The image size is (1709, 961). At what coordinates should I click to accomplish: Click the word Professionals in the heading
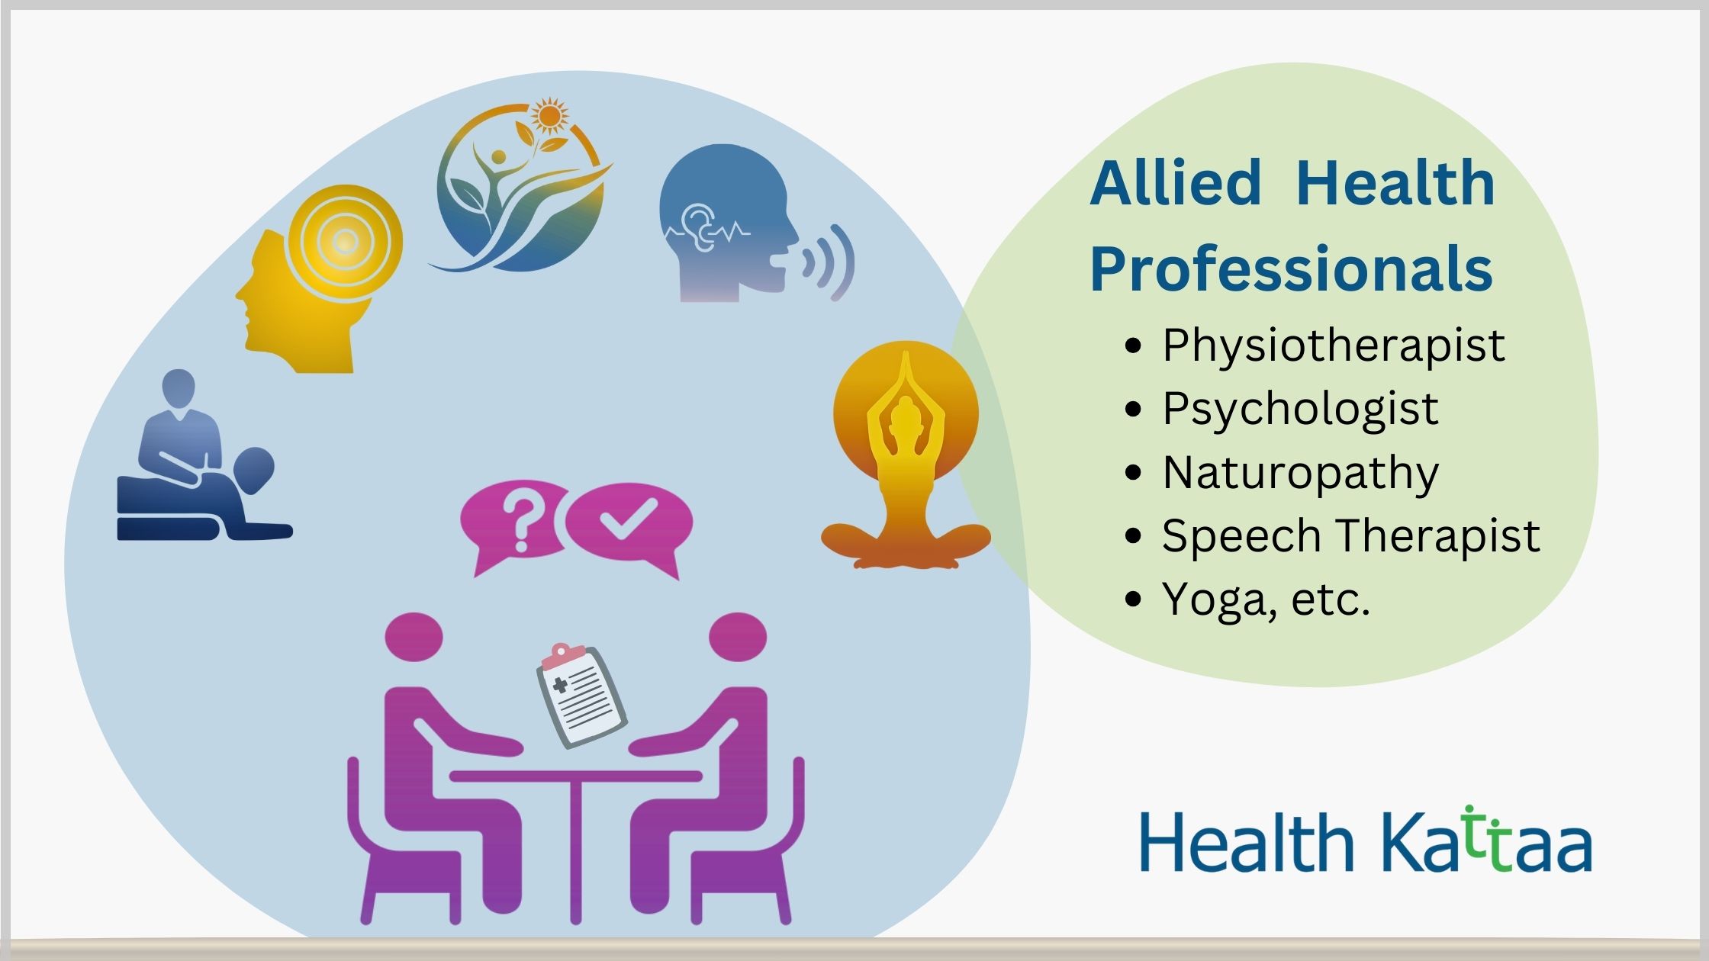1292,270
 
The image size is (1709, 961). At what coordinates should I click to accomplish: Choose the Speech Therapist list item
1350,535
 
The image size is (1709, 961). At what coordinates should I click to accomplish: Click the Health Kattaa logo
1366,842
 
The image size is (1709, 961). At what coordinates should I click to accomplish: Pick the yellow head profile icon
318,279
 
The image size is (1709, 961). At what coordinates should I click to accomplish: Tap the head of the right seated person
738,636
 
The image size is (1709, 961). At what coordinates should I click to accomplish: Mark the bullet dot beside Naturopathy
1134,473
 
